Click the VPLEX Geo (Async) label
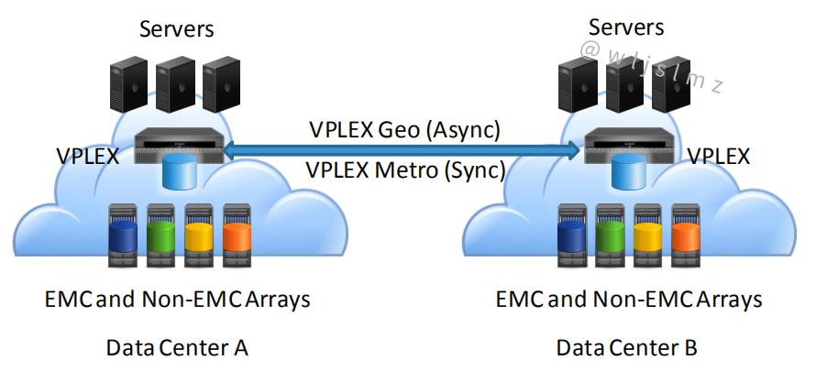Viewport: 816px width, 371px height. (404, 130)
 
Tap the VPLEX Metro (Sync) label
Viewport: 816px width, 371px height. (404, 169)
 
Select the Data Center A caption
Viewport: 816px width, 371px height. (177, 348)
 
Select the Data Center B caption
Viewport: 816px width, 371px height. (626, 348)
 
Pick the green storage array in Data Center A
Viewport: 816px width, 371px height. (160, 236)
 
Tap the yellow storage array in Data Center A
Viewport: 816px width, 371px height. (198, 236)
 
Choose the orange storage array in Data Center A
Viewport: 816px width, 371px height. (236, 236)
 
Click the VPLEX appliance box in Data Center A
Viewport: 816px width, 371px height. (180, 146)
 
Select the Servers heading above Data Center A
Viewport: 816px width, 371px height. (177, 28)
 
